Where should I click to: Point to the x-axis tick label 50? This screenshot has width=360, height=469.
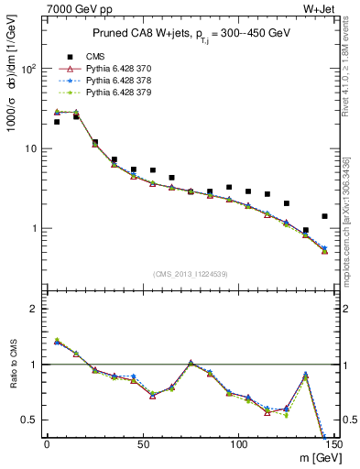pyautogui.click(x=142, y=445)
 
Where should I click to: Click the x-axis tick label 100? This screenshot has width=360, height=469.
pyautogui.click(x=237, y=445)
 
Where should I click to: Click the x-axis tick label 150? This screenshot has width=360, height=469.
pyautogui.click(x=333, y=445)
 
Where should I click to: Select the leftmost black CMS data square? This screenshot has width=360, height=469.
pyautogui.click(x=57, y=122)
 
